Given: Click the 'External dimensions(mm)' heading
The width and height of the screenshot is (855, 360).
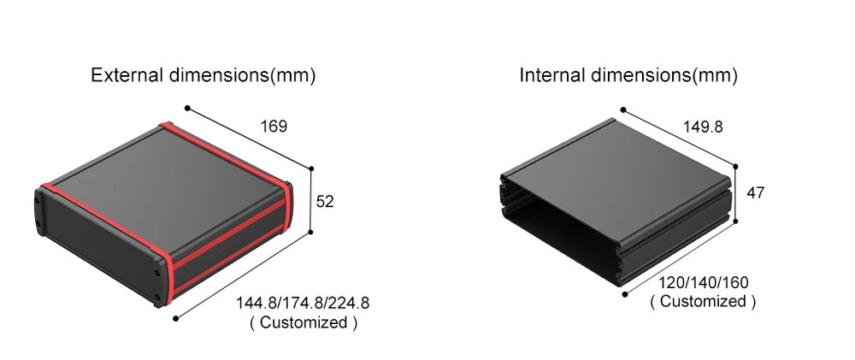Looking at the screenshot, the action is coord(203,74).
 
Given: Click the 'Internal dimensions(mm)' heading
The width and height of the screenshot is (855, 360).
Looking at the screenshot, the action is coord(628,74).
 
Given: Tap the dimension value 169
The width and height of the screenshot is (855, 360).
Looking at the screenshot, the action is coord(274,127).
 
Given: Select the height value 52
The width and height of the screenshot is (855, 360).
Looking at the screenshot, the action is coord(324,201).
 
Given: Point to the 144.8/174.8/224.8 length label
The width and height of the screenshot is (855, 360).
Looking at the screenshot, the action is coord(303,303).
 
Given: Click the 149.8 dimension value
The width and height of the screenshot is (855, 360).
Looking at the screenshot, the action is coord(702,127).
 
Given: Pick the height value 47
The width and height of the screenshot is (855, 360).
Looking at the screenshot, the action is coord(755,192).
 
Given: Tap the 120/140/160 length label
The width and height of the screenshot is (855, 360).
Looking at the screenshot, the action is coord(704,283).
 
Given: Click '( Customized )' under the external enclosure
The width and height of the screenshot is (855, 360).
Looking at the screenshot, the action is coord(304,322).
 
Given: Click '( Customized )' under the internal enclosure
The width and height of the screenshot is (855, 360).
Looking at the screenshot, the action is coord(703,301).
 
